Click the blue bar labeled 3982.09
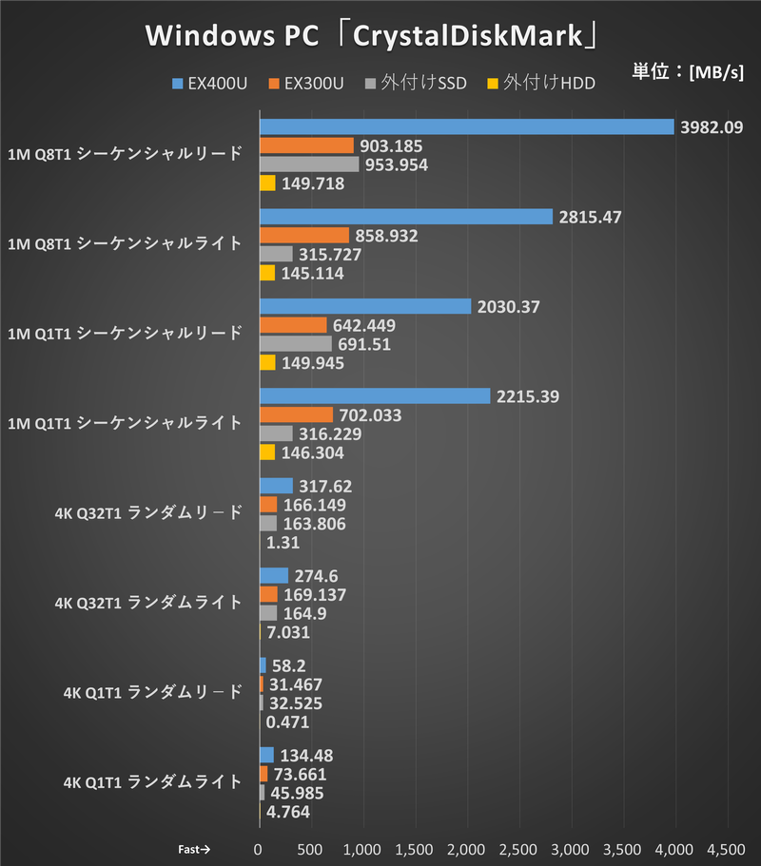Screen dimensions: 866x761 coord(466,127)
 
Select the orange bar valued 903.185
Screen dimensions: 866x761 coord(306,145)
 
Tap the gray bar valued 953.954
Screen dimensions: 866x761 coord(309,164)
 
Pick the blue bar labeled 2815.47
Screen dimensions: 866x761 coord(406,217)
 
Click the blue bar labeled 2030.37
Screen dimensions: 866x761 coord(365,306)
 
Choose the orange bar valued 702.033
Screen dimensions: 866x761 coord(296,414)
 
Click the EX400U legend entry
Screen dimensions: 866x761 coord(209,84)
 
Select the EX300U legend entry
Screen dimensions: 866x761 coord(305,84)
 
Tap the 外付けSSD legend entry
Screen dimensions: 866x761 coord(416,84)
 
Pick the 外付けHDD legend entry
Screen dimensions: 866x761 coord(540,84)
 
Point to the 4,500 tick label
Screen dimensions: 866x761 coord(726,848)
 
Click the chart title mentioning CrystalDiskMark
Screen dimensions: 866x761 coord(372,36)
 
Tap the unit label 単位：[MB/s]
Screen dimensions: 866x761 coord(687,72)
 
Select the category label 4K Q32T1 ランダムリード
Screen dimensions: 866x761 coord(147,513)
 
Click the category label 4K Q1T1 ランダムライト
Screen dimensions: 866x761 coord(152,782)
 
